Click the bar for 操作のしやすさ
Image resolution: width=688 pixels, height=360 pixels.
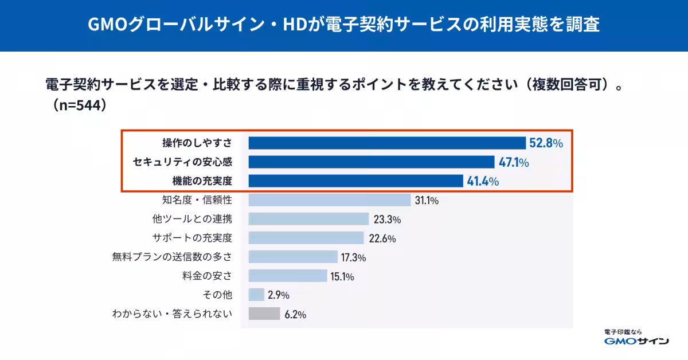coord(387,143)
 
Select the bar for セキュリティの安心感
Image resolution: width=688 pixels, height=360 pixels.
coord(372,162)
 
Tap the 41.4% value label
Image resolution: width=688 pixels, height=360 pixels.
coord(483,181)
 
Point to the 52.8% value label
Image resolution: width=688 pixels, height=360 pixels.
coord(546,143)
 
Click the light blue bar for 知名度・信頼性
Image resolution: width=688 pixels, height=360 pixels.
coord(330,200)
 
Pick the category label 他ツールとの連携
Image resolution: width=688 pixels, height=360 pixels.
coord(192,219)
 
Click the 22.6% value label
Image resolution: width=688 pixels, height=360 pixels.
coord(382,238)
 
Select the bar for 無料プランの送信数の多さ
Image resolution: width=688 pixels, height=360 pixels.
coord(293,257)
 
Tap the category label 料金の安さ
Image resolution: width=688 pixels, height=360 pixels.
coord(208,276)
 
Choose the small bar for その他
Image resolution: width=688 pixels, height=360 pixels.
coord(256,295)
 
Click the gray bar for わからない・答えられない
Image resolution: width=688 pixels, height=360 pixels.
coord(264,314)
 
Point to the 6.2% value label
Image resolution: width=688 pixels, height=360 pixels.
coord(295,314)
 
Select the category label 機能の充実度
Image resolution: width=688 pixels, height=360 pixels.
coord(202,181)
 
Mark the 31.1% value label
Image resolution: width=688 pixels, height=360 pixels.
coord(427,200)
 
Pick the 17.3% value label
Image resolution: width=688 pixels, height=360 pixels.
coord(353,257)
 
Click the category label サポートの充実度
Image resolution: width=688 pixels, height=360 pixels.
coord(192,238)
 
